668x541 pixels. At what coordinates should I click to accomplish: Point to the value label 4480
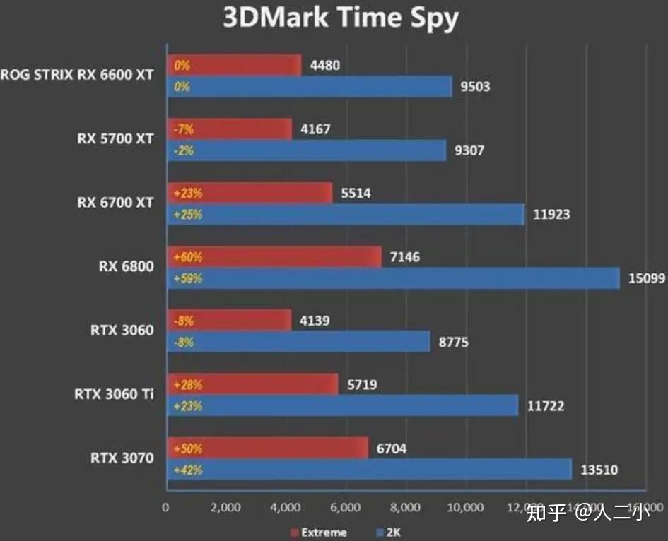[325, 66]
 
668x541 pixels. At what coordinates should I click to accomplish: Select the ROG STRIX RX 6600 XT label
[76, 75]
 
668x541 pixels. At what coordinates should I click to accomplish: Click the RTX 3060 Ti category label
[113, 394]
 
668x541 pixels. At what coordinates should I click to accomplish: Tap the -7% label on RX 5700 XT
[182, 130]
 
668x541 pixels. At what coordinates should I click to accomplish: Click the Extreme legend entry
[318, 532]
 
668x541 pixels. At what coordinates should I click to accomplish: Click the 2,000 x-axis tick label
[226, 507]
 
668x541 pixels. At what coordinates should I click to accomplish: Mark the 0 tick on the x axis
[165, 507]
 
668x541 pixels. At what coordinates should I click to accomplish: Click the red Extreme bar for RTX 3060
[229, 321]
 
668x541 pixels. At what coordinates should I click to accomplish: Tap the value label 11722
[545, 406]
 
